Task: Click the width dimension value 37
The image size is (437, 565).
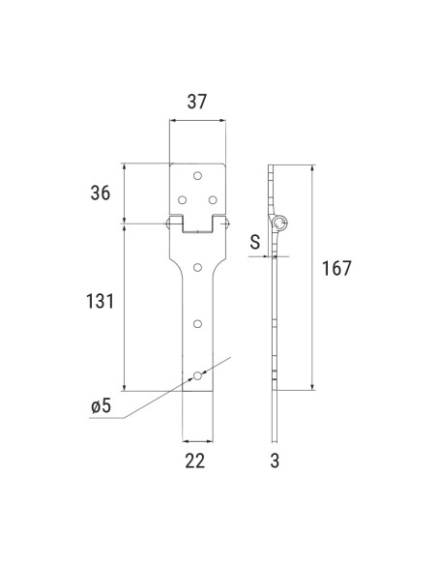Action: point(196,101)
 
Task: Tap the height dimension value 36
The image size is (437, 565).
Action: point(100,193)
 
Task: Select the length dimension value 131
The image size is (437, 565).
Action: point(100,302)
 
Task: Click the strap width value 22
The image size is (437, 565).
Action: point(195,461)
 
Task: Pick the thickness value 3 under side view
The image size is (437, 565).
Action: point(275,461)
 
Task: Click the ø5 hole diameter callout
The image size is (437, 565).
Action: point(102,407)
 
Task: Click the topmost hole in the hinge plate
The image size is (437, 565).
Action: point(196,176)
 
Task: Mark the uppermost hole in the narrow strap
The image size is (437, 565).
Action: point(196,266)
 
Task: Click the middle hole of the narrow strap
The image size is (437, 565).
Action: point(196,323)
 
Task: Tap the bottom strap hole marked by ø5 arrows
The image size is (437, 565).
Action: point(196,374)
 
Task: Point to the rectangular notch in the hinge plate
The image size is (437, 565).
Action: point(196,225)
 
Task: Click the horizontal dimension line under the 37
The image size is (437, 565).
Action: point(196,122)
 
